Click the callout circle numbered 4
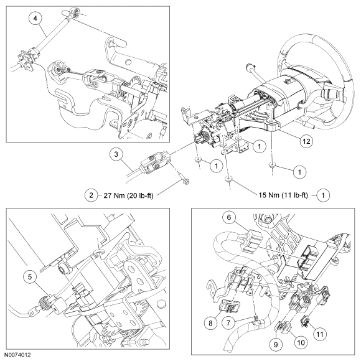35,18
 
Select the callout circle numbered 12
306,141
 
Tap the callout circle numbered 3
116,154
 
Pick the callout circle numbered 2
91,195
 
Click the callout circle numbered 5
30,277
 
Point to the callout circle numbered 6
229,218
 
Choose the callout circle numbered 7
228,323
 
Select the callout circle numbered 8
210,323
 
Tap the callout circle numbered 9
276,344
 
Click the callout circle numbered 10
301,342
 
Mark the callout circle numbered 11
320,334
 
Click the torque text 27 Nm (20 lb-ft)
128,195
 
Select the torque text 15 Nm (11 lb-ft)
283,195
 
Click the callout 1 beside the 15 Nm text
323,195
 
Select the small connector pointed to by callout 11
305,319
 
